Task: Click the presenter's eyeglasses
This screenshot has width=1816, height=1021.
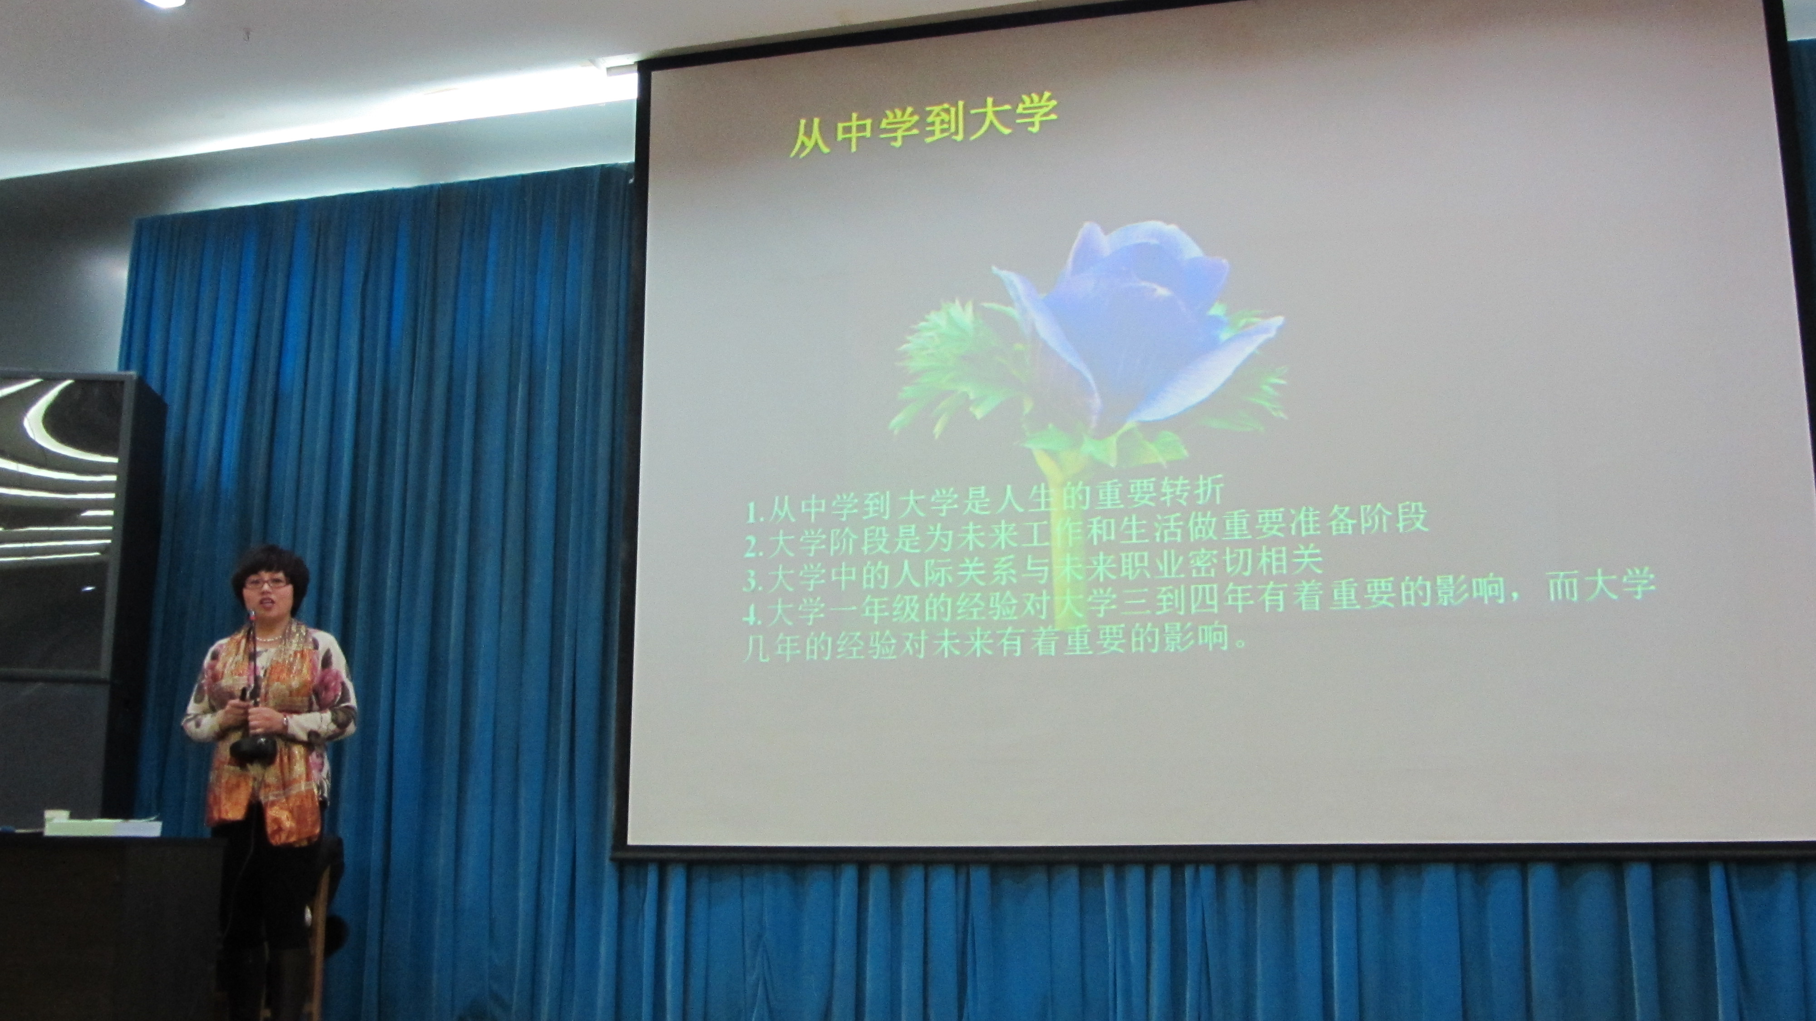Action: [266, 582]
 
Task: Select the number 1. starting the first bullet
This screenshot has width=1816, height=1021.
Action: [758, 510]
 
